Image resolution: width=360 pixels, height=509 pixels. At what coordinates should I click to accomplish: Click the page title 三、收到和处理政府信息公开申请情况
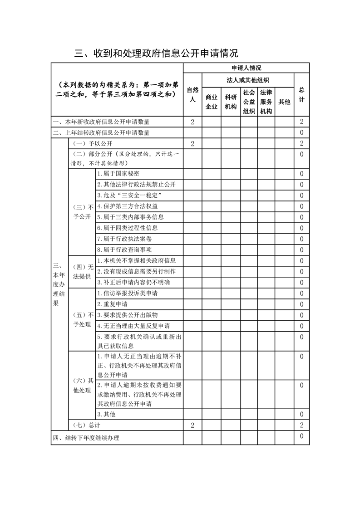pyautogui.click(x=157, y=53)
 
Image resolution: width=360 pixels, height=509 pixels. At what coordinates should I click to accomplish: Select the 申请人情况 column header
pyautogui.click(x=246, y=68)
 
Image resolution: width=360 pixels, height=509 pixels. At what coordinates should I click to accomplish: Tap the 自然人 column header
pyautogui.click(x=192, y=95)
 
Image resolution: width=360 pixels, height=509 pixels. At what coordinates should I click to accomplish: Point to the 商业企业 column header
pyautogui.click(x=212, y=102)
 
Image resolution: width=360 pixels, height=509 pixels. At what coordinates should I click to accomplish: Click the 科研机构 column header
pyautogui.click(x=231, y=102)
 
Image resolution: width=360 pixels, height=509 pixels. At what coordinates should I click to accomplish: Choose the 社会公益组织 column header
pyautogui.click(x=249, y=102)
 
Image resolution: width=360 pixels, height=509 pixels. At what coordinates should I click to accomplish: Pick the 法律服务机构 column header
pyautogui.click(x=266, y=102)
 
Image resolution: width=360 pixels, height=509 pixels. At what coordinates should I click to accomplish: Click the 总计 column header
pyautogui.click(x=301, y=95)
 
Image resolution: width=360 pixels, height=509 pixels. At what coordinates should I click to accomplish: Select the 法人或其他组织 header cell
pyautogui.click(x=248, y=80)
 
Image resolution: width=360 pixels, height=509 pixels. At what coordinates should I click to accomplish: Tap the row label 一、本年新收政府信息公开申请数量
pyautogui.click(x=101, y=122)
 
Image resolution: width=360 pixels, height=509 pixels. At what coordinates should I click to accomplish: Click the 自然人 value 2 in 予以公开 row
pyautogui.click(x=192, y=144)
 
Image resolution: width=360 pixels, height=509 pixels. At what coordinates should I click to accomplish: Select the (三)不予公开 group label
pyautogui.click(x=82, y=212)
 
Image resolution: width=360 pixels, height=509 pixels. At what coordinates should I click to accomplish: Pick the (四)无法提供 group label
pyautogui.click(x=82, y=271)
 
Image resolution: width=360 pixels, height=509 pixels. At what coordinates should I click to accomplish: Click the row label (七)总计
pyautogui.click(x=87, y=426)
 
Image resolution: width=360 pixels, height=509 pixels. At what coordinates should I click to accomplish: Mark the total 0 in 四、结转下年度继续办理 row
pyautogui.click(x=301, y=436)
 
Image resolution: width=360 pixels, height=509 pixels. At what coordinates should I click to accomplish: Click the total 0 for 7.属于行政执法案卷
pyautogui.click(x=301, y=239)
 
